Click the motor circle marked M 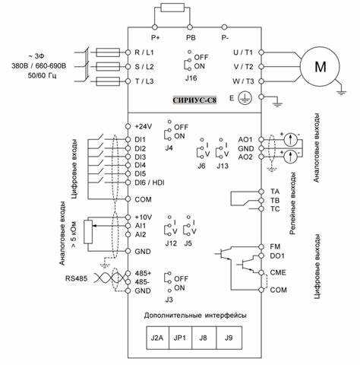point(320,66)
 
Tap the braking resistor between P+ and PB point(172,8)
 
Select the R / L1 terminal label point(144,52)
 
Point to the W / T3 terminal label point(243,81)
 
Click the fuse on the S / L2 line point(108,67)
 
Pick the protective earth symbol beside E point(245,98)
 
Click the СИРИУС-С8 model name point(194,100)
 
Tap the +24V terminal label point(144,126)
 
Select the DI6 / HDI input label point(150,182)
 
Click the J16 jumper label point(191,78)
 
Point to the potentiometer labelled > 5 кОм point(88,232)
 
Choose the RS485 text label point(76,278)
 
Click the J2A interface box point(157,338)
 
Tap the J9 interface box point(229,338)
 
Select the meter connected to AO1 point(290,139)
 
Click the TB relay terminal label point(275,201)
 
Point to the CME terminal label point(278,273)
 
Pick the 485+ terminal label point(143,273)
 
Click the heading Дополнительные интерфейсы point(195,316)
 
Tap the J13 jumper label point(223,166)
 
